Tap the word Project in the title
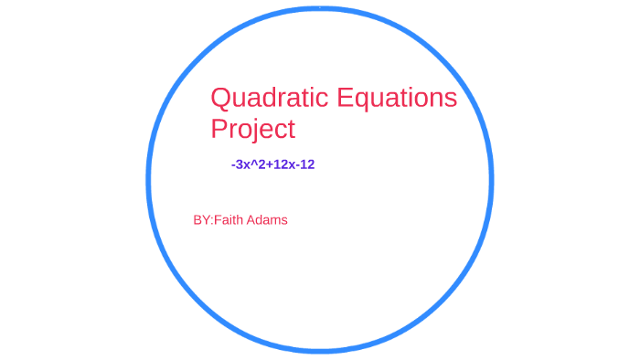(x=253, y=129)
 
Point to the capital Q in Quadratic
(x=220, y=98)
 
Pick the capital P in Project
(x=219, y=129)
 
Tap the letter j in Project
(x=252, y=130)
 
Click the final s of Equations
(x=451, y=99)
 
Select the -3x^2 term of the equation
(x=248, y=164)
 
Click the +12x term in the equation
(x=280, y=164)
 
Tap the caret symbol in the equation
(x=253, y=163)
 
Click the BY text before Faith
(x=201, y=220)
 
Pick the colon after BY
(x=211, y=221)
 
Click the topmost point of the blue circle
(x=319, y=8)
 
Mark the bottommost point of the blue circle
(x=319, y=350)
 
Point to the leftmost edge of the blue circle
(x=148, y=180)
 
